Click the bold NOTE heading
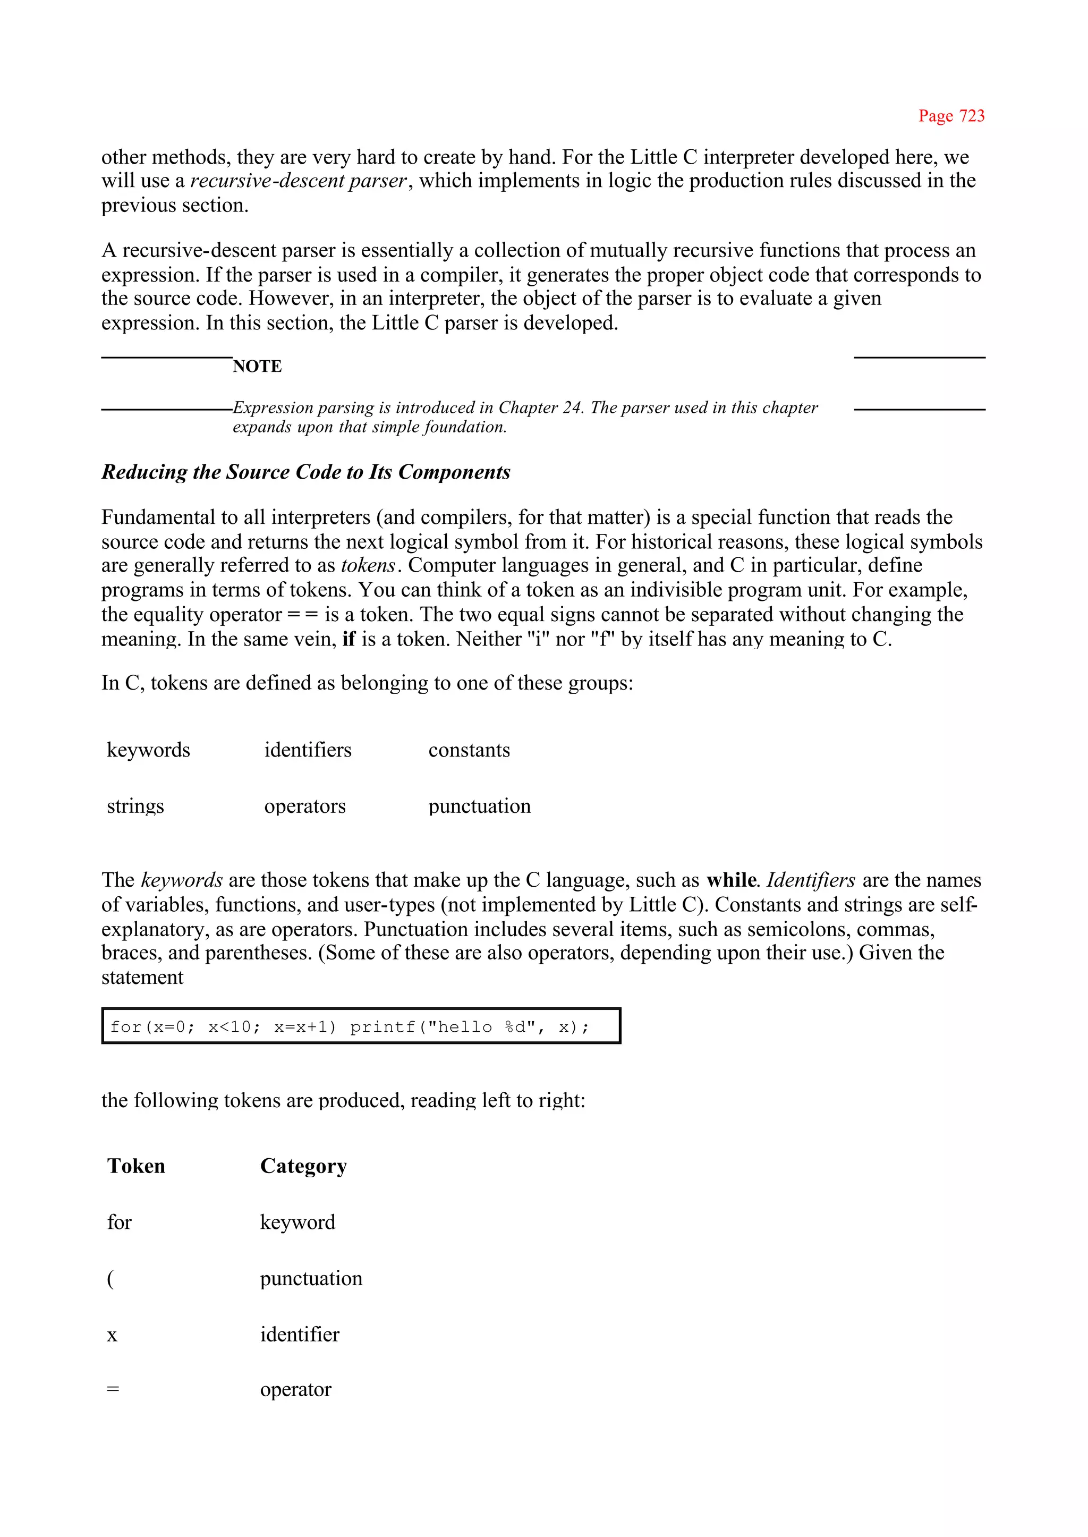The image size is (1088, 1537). coord(257,367)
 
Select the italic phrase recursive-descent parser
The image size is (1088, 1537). coord(299,181)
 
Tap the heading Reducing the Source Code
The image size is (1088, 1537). coord(305,472)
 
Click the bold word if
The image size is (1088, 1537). coord(348,639)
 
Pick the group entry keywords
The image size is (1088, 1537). coord(148,750)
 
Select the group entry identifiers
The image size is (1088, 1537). coord(308,750)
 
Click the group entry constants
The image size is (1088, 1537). coord(469,750)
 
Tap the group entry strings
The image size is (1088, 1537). coord(135,806)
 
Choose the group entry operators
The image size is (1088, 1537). coord(305,806)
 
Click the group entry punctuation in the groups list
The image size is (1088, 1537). coord(479,806)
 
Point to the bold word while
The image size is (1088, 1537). coord(731,880)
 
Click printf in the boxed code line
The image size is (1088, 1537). coord(382,1027)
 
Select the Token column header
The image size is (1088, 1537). coord(136,1167)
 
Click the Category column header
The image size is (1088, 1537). coord(303,1167)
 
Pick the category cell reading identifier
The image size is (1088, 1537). coord(300,1335)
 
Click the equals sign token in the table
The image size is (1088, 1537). coord(113,1390)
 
